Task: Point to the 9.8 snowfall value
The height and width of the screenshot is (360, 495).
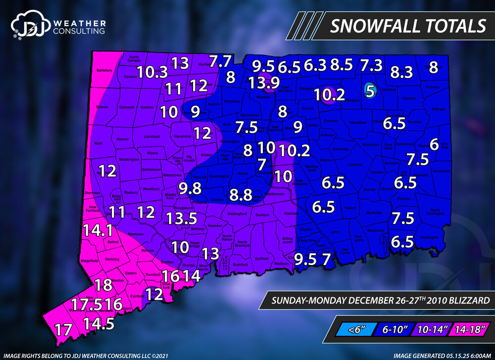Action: [191, 188]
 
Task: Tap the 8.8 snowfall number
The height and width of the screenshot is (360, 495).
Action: [241, 194]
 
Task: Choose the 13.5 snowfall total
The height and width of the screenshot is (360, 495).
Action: [182, 218]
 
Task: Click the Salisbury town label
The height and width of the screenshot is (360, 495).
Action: [105, 70]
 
